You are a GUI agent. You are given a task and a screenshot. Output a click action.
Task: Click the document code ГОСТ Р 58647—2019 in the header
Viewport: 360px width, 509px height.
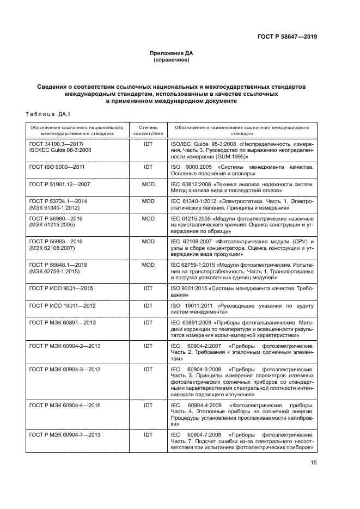(x=287, y=38)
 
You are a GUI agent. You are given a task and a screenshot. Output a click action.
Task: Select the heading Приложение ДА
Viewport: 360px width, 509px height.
(x=172, y=53)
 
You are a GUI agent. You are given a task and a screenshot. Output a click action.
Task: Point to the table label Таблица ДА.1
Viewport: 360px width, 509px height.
(x=42, y=114)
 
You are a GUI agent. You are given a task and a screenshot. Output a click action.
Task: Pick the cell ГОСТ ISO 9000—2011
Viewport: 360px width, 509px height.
(x=56, y=166)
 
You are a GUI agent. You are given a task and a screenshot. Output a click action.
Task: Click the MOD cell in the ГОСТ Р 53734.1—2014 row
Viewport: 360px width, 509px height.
(x=148, y=201)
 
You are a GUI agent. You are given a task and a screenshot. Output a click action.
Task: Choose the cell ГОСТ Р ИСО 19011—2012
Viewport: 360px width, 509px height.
(x=59, y=306)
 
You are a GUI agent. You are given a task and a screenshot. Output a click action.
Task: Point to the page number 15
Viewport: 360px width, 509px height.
(x=313, y=463)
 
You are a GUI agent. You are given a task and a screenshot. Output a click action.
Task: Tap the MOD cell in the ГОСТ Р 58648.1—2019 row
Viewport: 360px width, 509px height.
(x=148, y=264)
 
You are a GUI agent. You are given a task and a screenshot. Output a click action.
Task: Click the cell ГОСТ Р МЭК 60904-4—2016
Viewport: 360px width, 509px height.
(x=64, y=405)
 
